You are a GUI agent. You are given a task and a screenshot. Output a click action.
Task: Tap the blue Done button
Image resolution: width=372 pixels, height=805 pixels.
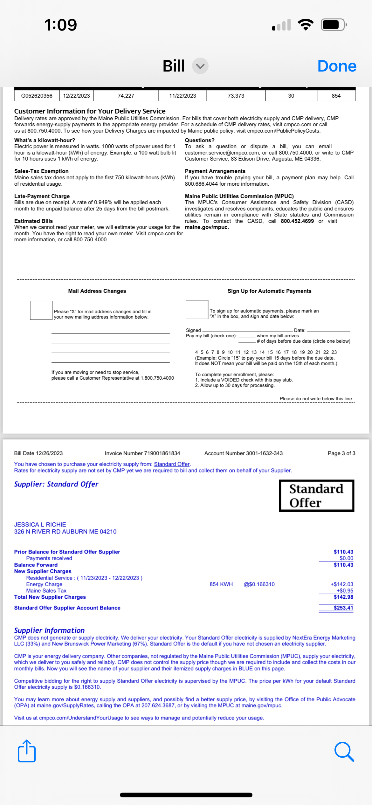tap(337, 66)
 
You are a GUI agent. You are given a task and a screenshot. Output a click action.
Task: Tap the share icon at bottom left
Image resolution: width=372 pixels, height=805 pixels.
tap(27, 751)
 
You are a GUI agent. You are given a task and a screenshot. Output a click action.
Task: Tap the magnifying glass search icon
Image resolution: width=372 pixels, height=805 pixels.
tap(344, 752)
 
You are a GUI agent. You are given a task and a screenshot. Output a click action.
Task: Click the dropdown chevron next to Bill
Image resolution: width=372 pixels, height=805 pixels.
tap(200, 66)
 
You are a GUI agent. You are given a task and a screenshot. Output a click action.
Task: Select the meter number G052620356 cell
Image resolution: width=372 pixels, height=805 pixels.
tap(37, 96)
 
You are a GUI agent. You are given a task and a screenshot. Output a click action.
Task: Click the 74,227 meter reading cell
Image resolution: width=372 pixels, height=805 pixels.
tap(126, 96)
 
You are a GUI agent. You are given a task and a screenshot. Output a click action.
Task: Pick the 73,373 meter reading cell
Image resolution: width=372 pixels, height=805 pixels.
tap(236, 96)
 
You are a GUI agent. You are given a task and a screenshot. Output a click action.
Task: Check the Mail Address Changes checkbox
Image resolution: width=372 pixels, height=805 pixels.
tap(41, 310)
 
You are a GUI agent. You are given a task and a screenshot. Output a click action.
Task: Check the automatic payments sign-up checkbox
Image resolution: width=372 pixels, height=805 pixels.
tap(197, 310)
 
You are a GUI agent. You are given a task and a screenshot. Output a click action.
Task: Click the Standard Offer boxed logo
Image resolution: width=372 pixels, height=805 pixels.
tap(316, 496)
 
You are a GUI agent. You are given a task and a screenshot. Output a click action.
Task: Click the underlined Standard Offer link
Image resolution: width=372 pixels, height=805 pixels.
tap(172, 464)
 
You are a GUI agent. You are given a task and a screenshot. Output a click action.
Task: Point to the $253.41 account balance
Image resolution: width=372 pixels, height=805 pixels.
tap(343, 608)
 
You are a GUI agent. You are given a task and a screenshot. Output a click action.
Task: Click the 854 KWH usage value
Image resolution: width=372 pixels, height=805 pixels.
tap(221, 584)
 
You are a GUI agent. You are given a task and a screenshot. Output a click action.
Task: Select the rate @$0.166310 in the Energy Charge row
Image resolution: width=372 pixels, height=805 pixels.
tap(259, 584)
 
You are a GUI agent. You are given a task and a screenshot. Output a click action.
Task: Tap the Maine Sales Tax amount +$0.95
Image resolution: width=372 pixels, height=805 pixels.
tap(345, 591)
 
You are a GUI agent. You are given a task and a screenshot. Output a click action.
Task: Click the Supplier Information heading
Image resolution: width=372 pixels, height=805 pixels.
tap(49, 630)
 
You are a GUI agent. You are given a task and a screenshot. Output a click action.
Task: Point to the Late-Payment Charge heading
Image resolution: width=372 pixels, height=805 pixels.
tap(42, 196)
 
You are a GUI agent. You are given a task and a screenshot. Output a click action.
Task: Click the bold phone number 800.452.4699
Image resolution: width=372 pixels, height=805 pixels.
tap(297, 221)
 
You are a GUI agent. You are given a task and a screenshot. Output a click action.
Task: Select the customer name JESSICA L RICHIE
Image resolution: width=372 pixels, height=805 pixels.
tap(40, 525)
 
